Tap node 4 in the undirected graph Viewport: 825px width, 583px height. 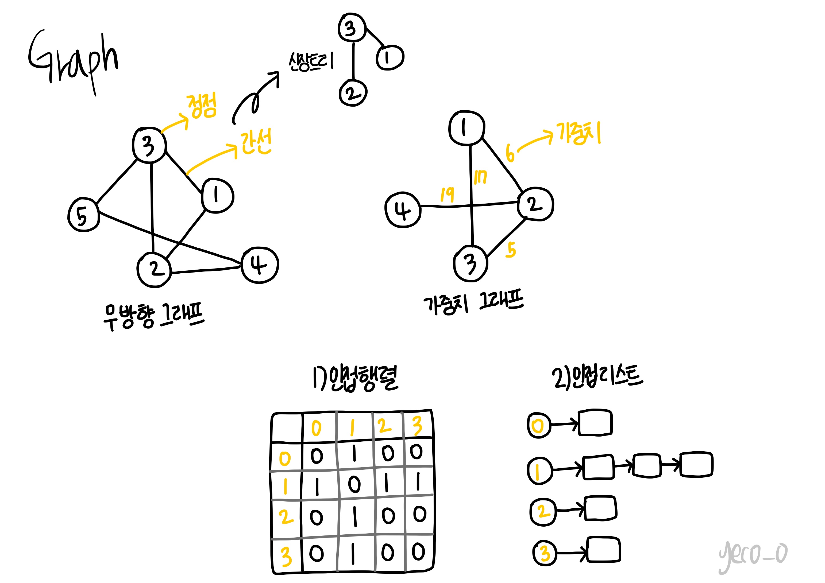coord(259,265)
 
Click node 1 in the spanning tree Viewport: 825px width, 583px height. coord(390,57)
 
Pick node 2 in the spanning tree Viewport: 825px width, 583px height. coord(353,93)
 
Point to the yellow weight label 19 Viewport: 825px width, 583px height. coord(447,195)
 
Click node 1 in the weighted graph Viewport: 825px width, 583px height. coord(467,128)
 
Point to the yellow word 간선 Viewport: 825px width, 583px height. coord(256,142)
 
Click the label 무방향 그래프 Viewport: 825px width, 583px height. coord(154,315)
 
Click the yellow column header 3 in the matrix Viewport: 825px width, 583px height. coord(417,426)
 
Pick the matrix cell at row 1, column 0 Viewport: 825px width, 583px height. coord(317,487)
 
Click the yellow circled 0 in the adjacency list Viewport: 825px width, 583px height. coord(538,426)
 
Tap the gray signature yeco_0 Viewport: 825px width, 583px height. coord(753,555)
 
